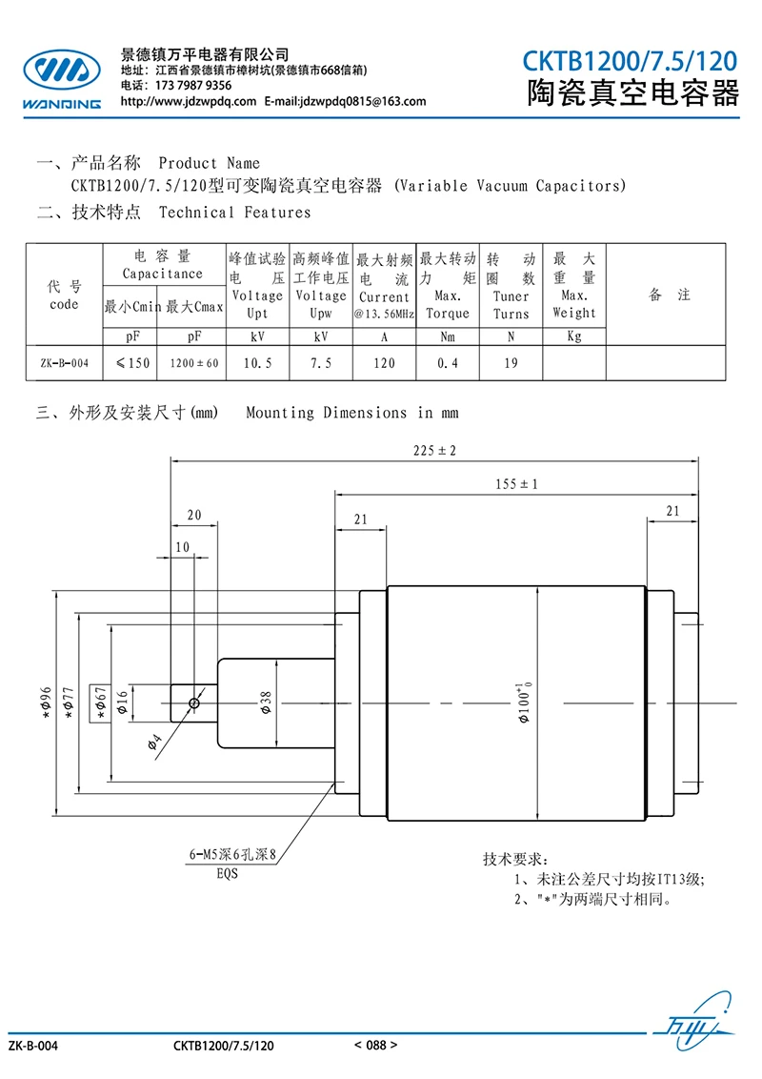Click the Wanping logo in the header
[62, 78]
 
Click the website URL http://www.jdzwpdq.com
[189, 102]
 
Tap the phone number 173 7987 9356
[193, 86]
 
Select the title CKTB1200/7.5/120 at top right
[630, 62]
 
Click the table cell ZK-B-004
[65, 363]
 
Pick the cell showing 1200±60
[194, 363]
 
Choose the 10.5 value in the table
[258, 363]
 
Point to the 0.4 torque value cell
[448, 363]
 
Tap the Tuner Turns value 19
[511, 363]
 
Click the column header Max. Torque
[448, 305]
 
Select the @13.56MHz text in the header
[385, 315]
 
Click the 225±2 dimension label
[434, 451]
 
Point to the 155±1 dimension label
[516, 484]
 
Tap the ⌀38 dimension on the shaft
[266, 702]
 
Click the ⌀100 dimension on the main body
[525, 702]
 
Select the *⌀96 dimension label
[46, 702]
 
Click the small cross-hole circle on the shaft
[194, 703]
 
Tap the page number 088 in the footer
[376, 1046]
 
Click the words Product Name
[209, 164]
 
